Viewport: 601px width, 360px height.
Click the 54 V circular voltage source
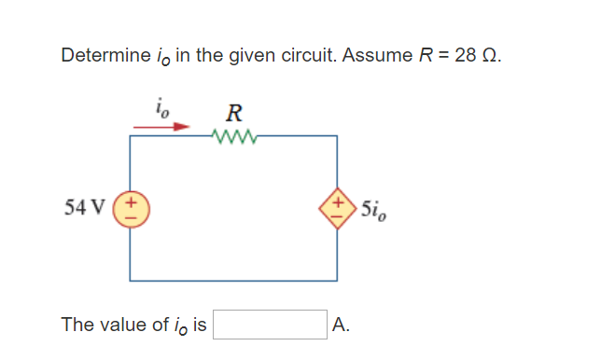point(131,207)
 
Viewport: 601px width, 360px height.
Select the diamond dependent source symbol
point(336,207)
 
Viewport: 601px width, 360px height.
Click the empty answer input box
point(271,325)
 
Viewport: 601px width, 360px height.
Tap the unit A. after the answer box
point(341,325)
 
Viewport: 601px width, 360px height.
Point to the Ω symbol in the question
point(491,55)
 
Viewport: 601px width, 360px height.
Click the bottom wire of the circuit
point(233,280)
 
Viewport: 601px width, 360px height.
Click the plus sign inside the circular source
point(131,200)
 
